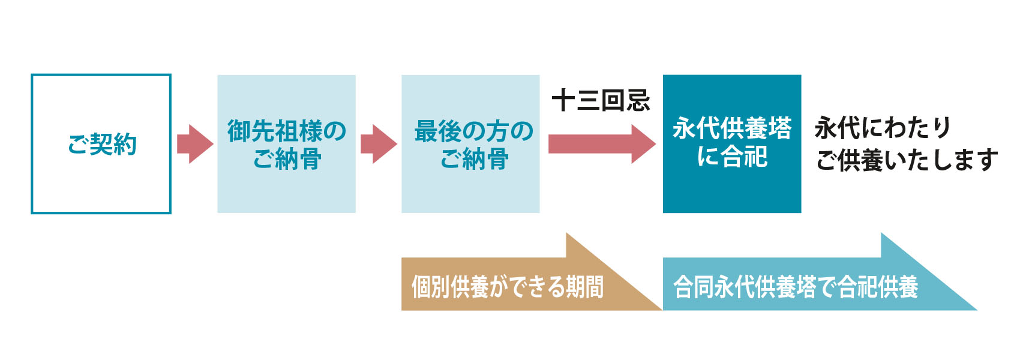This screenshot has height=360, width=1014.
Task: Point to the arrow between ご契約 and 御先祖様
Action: pyautogui.click(x=195, y=144)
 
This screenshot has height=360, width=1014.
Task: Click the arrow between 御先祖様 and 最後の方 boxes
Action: pyautogui.click(x=379, y=144)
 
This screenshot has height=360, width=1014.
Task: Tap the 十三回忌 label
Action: pyautogui.click(x=601, y=100)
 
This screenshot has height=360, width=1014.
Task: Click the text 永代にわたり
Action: pyautogui.click(x=883, y=128)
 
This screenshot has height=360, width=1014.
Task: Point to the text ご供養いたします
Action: pyautogui.click(x=907, y=160)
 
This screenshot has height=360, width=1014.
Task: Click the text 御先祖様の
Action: pyautogui.click(x=287, y=130)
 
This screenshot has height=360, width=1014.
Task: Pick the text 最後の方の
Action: pyautogui.click(x=473, y=130)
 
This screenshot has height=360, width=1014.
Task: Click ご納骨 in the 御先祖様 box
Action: pyautogui.click(x=287, y=160)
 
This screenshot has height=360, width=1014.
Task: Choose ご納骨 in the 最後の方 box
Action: pyautogui.click(x=473, y=160)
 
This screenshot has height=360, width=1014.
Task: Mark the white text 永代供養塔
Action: pyautogui.click(x=732, y=128)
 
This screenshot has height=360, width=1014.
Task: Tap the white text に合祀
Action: pyautogui.click(x=732, y=157)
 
